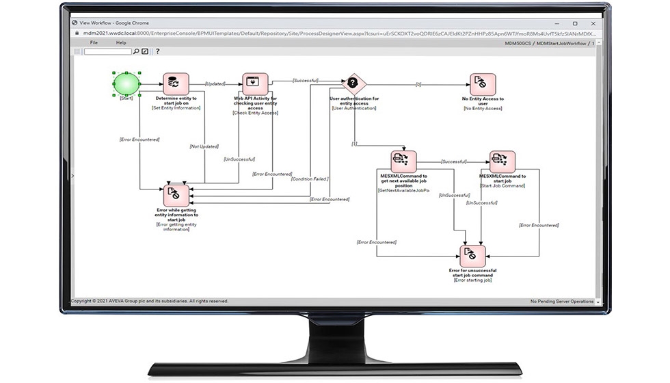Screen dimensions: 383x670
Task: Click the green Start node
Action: point(126,84)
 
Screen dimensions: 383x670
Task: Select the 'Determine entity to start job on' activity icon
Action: point(175,85)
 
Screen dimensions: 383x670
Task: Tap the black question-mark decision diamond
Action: point(353,84)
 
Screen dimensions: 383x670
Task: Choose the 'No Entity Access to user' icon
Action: point(482,85)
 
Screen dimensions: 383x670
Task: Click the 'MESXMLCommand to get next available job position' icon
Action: point(403,162)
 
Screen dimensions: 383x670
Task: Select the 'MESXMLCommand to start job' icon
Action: point(502,162)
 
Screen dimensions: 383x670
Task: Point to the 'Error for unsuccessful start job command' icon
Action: point(471,256)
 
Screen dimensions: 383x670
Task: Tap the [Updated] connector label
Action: point(215,84)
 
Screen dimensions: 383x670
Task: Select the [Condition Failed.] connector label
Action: point(310,179)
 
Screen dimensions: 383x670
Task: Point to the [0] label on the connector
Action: point(418,84)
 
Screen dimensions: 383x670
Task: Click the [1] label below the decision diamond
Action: point(354,144)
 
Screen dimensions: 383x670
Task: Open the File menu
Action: point(94,42)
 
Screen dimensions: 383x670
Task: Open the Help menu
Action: point(121,42)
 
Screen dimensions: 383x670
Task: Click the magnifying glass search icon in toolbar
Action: point(137,51)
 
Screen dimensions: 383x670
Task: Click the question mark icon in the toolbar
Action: point(157,51)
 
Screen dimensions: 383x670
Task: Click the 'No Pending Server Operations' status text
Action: point(562,301)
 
